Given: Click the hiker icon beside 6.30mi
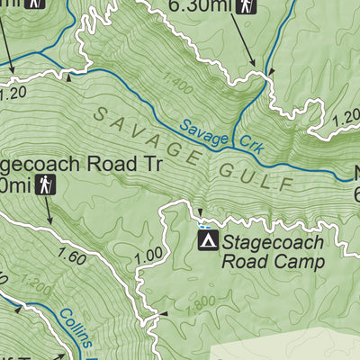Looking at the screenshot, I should click(246, 7).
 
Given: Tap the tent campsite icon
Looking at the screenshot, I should click(208, 241).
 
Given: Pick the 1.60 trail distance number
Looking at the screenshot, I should click(71, 258).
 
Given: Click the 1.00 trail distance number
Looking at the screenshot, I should click(147, 255).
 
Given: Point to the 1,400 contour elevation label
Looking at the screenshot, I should click(178, 88).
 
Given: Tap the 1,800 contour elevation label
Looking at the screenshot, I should click(200, 310).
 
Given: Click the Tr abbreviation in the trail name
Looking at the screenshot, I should click(149, 165).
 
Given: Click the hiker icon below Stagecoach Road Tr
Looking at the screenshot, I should click(49, 186).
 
